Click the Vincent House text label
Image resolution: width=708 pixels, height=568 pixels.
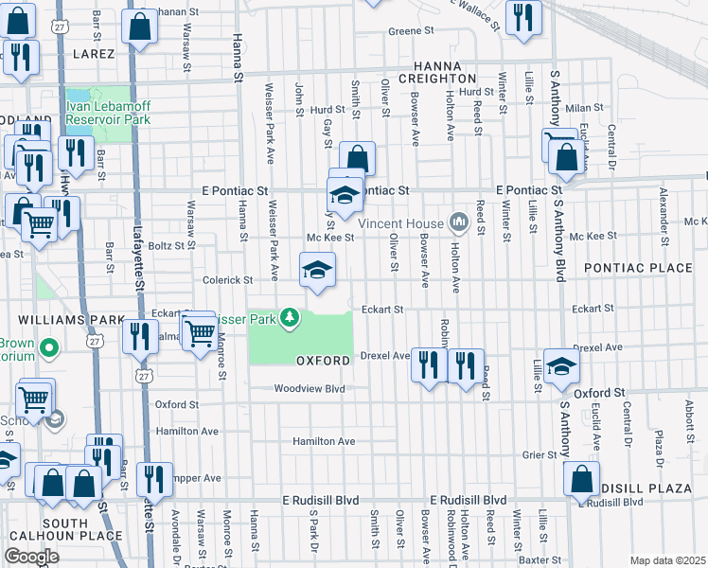401,223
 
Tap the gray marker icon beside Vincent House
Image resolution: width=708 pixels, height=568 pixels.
460,223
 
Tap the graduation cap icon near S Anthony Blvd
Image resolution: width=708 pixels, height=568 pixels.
561,365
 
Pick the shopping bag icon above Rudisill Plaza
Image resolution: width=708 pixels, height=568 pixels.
580,479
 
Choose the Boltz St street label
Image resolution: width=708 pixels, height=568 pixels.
171,245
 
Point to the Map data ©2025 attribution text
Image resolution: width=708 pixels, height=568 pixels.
667,560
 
